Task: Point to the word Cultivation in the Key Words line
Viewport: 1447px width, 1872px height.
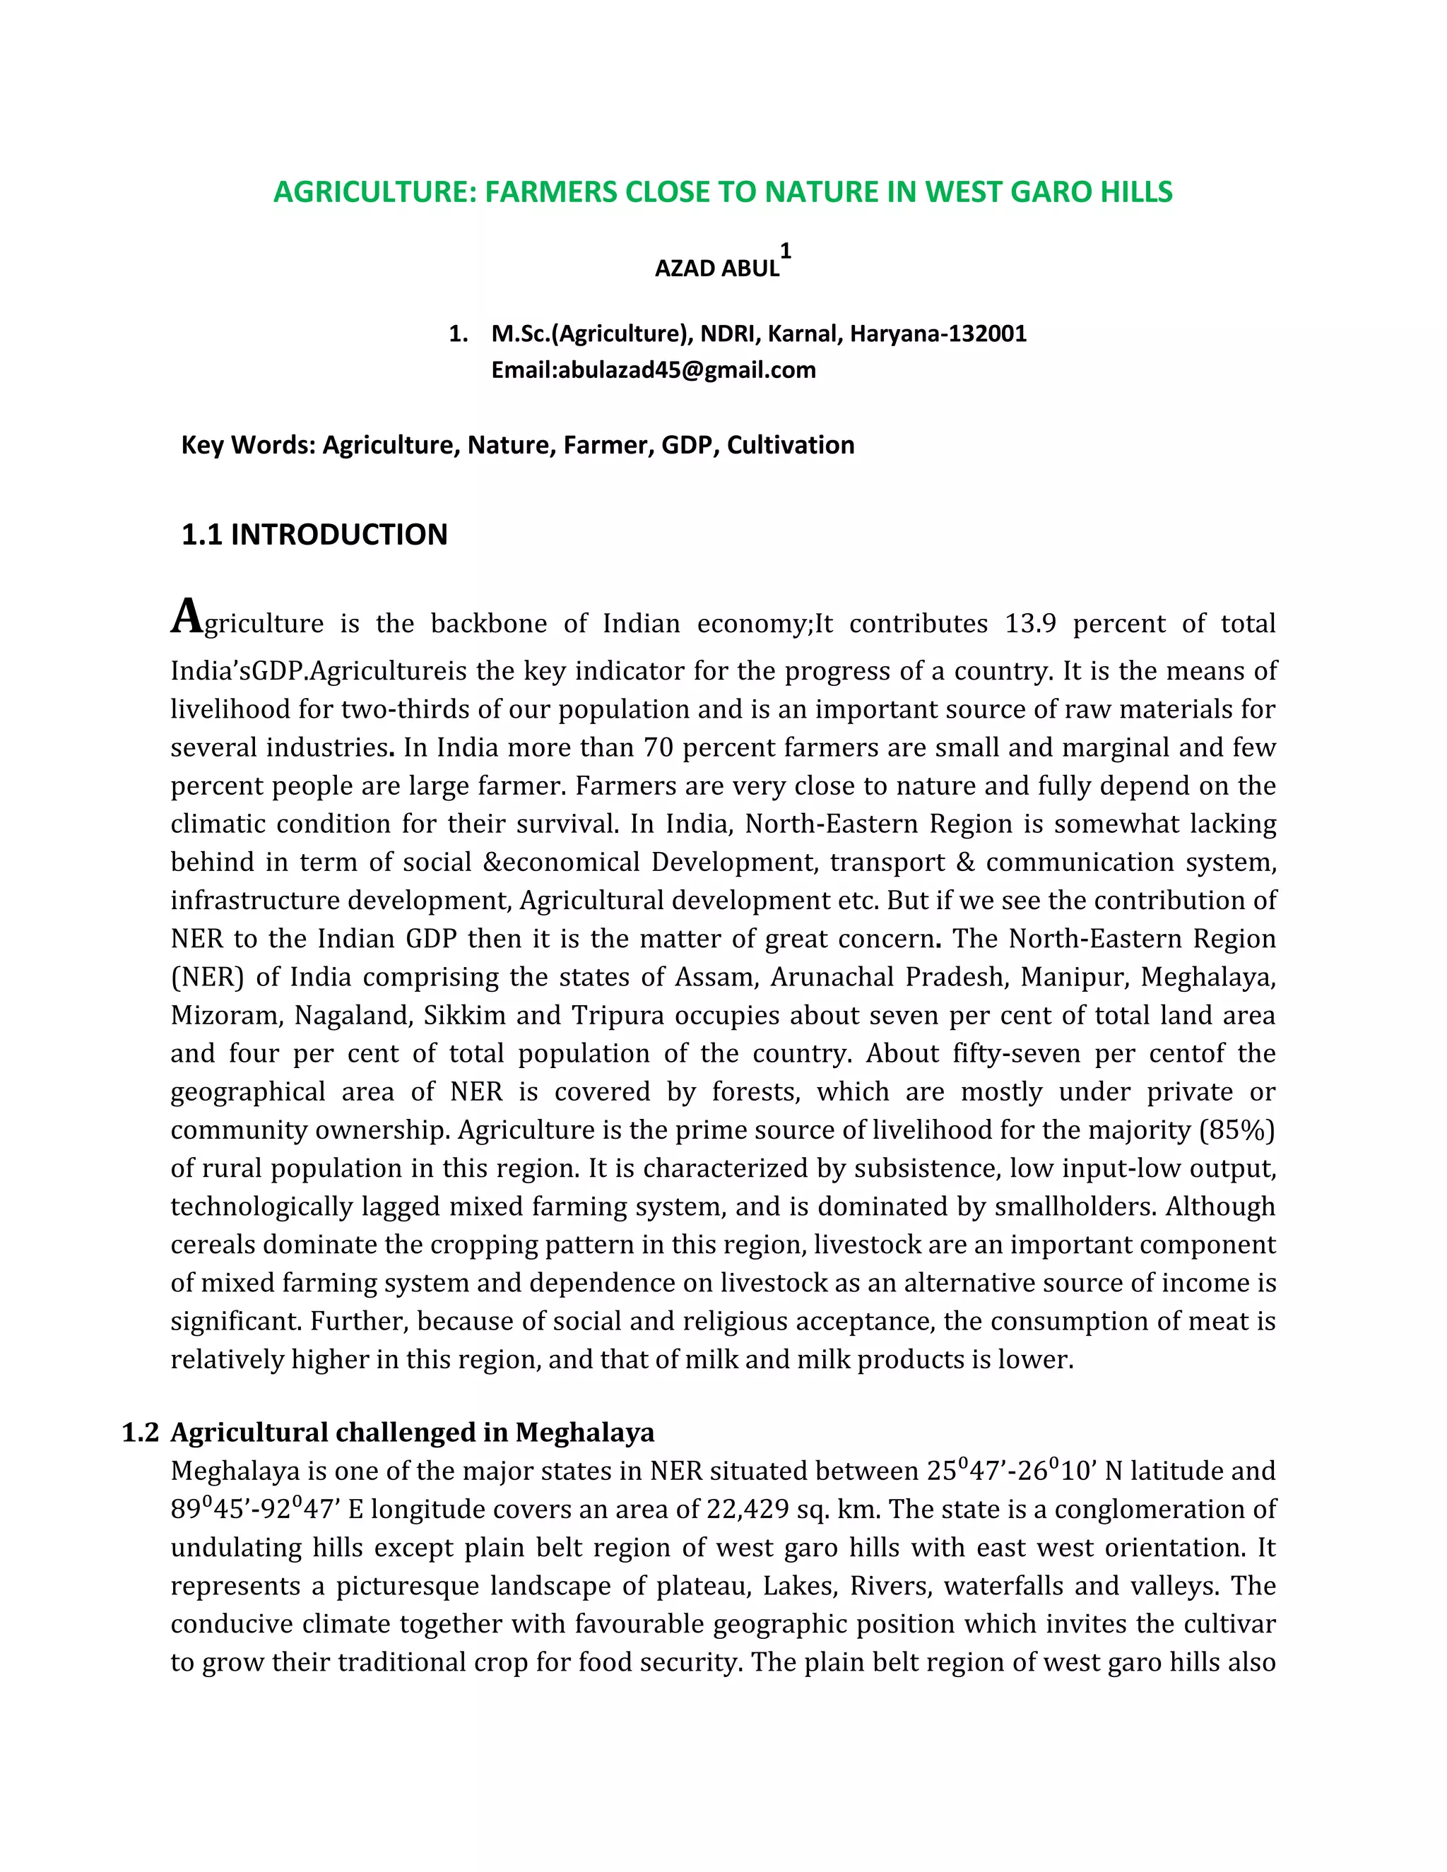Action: pyautogui.click(x=791, y=445)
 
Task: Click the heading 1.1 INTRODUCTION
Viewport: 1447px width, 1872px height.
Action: pyautogui.click(x=314, y=535)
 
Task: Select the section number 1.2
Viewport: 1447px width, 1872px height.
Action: pyautogui.click(x=141, y=1433)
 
